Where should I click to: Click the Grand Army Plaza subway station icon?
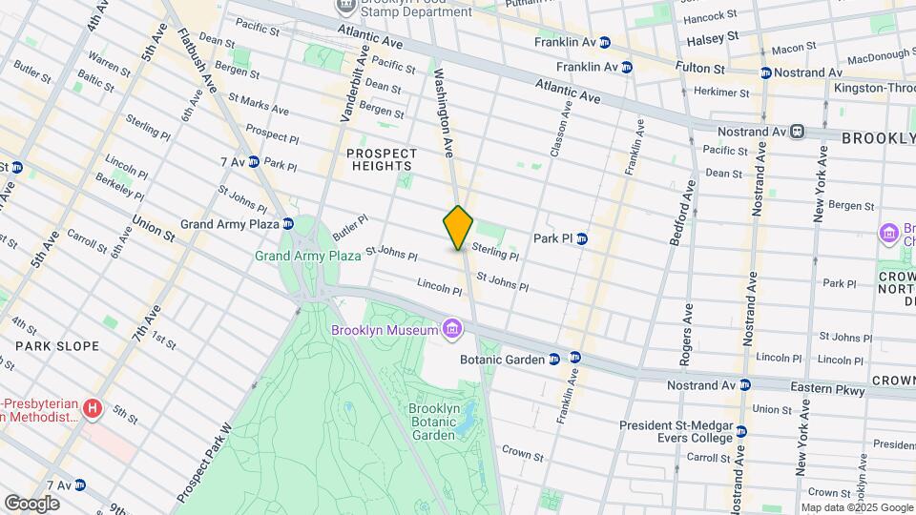coord(287,224)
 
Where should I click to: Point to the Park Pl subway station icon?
coord(581,237)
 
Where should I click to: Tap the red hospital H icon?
coord(93,409)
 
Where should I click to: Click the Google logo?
coord(31,503)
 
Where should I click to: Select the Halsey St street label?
coord(713,36)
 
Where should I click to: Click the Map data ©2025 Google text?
coord(856,507)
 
